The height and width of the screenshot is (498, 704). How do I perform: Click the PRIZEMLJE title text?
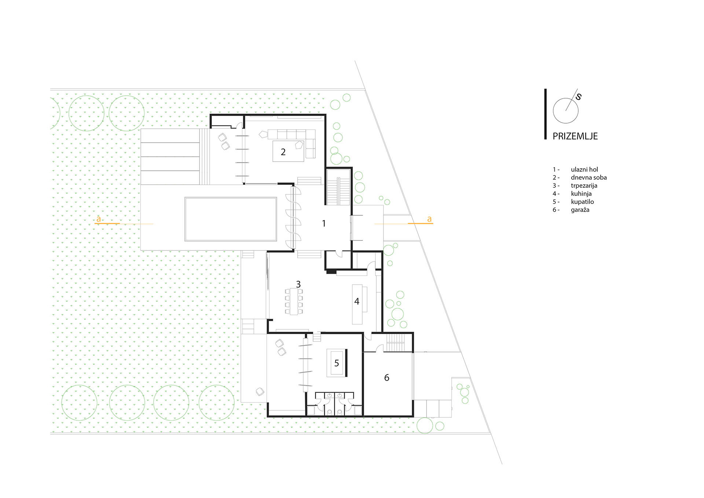coord(575,136)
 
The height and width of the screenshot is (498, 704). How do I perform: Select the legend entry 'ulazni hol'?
coord(584,169)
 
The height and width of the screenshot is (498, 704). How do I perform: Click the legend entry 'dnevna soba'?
coord(588,177)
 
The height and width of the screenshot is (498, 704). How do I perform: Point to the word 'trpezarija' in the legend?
coord(584,186)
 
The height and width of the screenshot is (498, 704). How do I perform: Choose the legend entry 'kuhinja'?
coord(581,194)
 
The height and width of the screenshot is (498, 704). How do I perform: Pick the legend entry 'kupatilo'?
coord(582,202)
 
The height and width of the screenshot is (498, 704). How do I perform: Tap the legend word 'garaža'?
coord(580,210)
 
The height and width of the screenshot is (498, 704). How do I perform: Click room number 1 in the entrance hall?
coord(324,223)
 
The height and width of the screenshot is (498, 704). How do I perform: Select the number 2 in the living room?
coord(283,152)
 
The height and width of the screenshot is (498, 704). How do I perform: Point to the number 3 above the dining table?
coord(298,284)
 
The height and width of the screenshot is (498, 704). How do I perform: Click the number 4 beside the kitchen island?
coord(357,301)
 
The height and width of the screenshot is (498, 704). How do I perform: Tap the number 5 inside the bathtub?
coord(337,363)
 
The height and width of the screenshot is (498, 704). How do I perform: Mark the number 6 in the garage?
coord(386,378)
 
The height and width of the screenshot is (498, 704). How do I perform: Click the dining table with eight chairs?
coord(294,301)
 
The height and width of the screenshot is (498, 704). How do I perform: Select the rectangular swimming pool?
coord(231,219)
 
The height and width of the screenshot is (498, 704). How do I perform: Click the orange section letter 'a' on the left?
coord(98,219)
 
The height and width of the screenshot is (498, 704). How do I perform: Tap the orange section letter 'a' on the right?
coord(429,219)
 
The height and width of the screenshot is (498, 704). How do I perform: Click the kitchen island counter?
coord(357,304)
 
